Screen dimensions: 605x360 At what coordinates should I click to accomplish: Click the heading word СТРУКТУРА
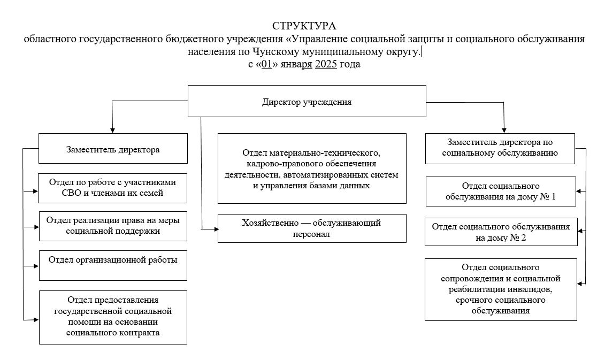304,26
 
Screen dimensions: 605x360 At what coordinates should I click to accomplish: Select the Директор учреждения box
307,101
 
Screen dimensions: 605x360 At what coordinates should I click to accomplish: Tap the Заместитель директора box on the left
113,149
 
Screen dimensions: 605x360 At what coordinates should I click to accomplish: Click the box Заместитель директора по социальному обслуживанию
500,149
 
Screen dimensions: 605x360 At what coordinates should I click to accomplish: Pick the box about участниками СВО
113,188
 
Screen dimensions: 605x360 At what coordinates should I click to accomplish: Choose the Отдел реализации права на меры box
113,226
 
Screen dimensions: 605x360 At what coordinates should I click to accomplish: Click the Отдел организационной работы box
113,265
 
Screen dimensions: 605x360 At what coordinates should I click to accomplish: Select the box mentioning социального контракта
113,317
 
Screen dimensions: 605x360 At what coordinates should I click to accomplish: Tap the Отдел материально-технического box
312,168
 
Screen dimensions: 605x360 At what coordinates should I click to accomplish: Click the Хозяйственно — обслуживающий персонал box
312,228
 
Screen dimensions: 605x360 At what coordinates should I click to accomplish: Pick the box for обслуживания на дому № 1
501,192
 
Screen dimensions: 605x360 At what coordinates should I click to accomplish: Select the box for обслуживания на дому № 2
501,232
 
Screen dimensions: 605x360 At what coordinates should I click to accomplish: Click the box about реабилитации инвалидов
501,289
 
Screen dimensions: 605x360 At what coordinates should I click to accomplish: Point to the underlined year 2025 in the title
326,64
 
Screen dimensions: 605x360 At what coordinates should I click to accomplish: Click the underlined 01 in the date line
266,64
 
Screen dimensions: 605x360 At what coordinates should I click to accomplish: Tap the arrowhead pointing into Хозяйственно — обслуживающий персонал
216,229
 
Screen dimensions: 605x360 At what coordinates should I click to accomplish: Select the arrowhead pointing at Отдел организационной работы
36,266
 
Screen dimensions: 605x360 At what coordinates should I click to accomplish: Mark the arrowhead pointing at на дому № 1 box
579,192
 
